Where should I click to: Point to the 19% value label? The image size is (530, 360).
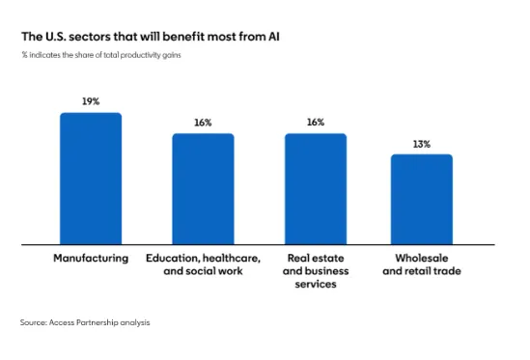[x=91, y=101]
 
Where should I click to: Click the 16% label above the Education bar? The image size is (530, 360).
[x=203, y=123]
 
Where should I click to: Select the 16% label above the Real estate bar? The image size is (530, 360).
[x=315, y=123]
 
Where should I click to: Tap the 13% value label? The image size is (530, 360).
[x=421, y=144]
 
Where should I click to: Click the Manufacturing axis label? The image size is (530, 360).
[x=90, y=260]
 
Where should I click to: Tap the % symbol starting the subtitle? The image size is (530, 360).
[x=23, y=55]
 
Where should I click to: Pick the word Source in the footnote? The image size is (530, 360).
[x=33, y=322]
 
